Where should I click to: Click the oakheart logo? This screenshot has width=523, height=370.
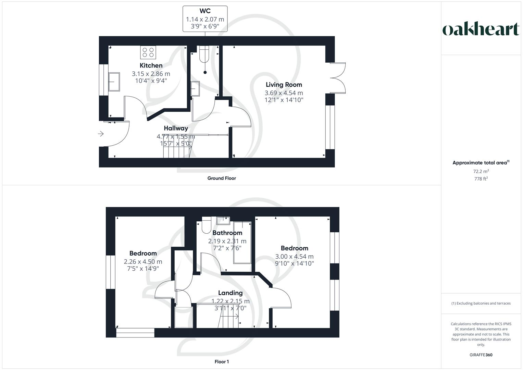click(x=481, y=29)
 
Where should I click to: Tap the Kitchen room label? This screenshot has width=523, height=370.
click(x=151, y=65)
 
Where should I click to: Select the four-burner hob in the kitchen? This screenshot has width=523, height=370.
click(x=148, y=52)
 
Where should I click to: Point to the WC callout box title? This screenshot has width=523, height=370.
click(x=205, y=11)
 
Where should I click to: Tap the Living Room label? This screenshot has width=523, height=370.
click(x=284, y=85)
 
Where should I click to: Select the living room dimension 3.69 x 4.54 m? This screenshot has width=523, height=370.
click(x=284, y=93)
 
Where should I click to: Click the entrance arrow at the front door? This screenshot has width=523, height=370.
click(x=101, y=134)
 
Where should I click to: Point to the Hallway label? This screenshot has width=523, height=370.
click(x=176, y=128)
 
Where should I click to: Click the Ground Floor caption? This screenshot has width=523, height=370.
click(x=222, y=178)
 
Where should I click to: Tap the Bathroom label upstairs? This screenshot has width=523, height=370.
click(x=227, y=233)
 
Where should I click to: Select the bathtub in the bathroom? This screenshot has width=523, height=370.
click(x=242, y=243)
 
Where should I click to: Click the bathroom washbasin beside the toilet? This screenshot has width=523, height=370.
click(x=223, y=220)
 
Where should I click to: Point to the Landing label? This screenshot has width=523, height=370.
click(x=230, y=293)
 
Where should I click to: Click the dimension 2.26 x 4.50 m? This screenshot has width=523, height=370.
click(x=143, y=262)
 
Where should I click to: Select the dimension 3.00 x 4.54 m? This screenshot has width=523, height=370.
click(x=294, y=256)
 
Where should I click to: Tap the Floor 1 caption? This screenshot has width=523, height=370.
click(x=222, y=362)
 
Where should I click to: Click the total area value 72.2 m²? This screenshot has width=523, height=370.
click(x=481, y=171)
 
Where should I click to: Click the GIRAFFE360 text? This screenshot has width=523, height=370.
click(x=481, y=355)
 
